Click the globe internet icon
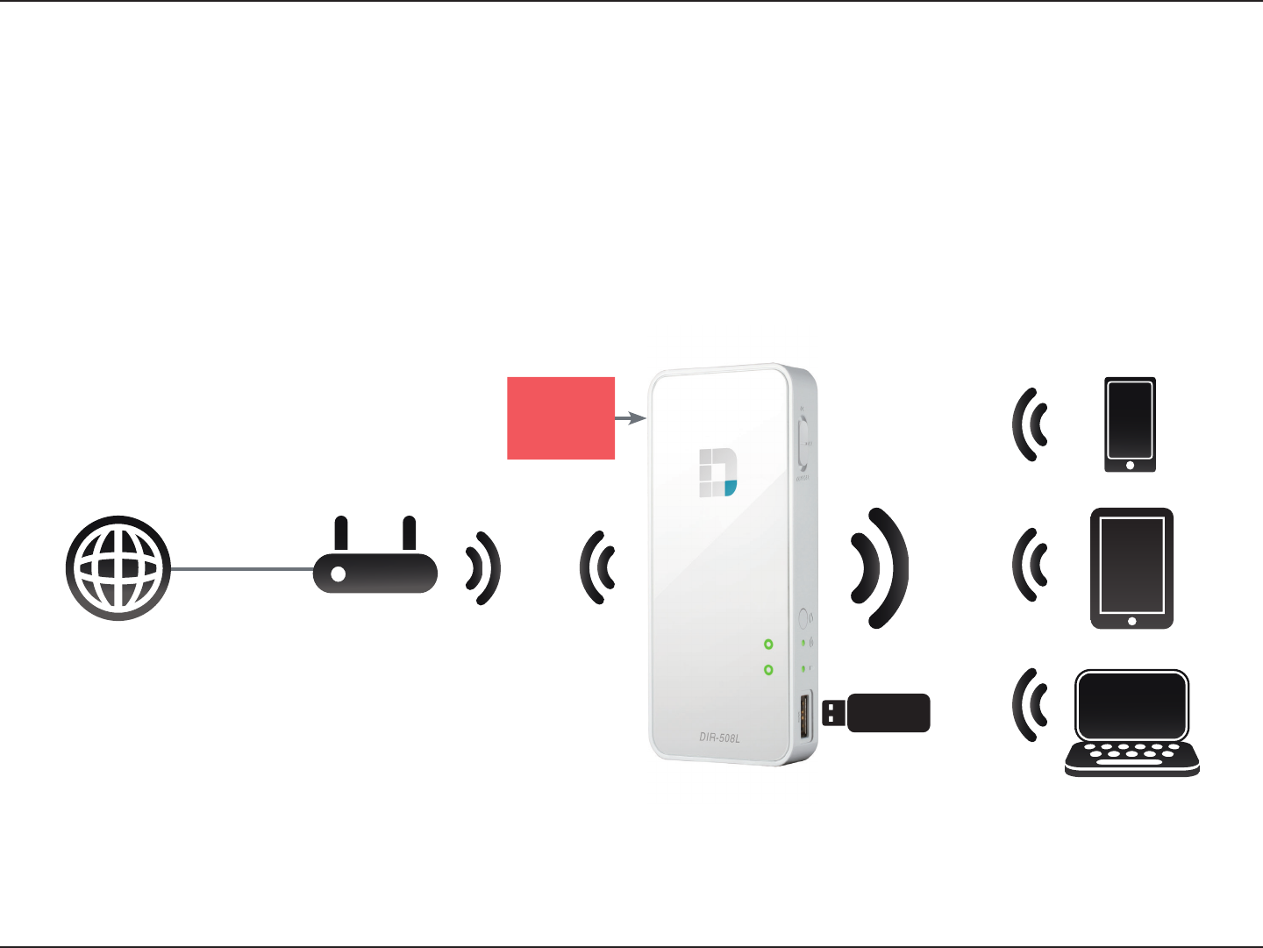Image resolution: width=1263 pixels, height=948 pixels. pyautogui.click(x=118, y=568)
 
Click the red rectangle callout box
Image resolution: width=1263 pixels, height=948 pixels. pyautogui.click(x=560, y=418)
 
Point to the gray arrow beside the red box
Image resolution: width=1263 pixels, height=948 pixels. pyautogui.click(x=631, y=419)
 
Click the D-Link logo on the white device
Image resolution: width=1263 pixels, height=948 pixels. pyautogui.click(x=717, y=473)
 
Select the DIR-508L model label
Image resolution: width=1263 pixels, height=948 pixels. pyautogui.click(x=719, y=738)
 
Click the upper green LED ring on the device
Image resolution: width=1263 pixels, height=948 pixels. pyautogui.click(x=768, y=645)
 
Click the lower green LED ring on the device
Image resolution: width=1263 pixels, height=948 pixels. pyautogui.click(x=768, y=670)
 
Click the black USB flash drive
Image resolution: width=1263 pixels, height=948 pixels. pyautogui.click(x=877, y=713)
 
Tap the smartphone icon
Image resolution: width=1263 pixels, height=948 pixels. pyautogui.click(x=1130, y=425)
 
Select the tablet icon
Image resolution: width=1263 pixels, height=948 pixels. pyautogui.click(x=1131, y=568)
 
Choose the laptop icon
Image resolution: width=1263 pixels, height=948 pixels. pyautogui.click(x=1131, y=723)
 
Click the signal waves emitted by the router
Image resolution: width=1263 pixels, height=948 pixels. pyautogui.click(x=483, y=568)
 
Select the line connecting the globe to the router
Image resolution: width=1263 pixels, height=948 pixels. pyautogui.click(x=241, y=569)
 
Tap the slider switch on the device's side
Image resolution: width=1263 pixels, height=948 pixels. pyautogui.click(x=803, y=443)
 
